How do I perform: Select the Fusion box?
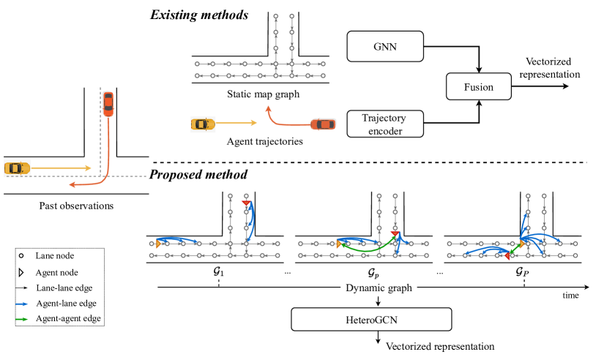click(x=479, y=87)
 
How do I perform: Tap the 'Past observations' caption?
click(x=76, y=206)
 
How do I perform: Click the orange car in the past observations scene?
click(x=108, y=103)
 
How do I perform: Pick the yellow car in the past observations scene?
click(x=16, y=168)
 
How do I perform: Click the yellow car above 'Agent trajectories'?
click(x=203, y=124)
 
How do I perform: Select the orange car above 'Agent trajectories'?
click(x=323, y=124)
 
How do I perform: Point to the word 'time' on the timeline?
click(x=571, y=296)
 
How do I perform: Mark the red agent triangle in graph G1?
click(x=247, y=203)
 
